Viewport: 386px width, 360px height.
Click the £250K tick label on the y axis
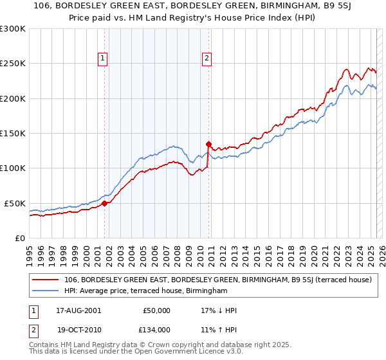13,64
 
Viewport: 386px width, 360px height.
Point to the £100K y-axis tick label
13,168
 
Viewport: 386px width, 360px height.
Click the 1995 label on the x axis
30,251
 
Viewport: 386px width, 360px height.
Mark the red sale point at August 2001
105,203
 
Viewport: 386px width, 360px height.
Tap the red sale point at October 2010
208,144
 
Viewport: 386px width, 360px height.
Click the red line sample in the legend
46,280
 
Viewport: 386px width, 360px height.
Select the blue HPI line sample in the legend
46,291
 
